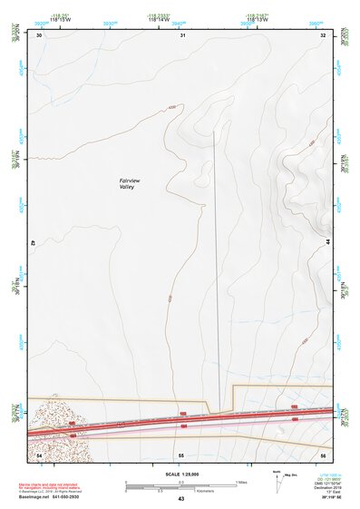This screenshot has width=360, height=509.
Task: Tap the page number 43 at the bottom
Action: pos(180,499)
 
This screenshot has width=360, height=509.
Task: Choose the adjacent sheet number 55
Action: pos(181,454)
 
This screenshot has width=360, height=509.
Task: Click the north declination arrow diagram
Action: pos(278,482)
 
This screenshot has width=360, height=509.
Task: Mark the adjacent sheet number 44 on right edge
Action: pos(326,243)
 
